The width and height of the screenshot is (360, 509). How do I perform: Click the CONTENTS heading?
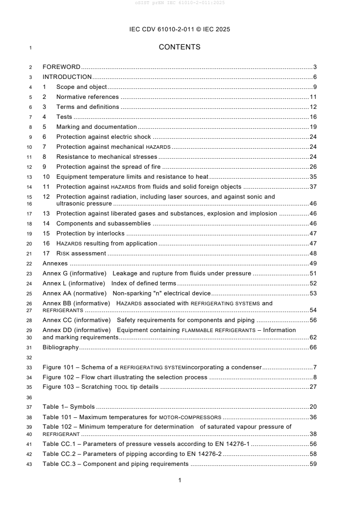click(180, 47)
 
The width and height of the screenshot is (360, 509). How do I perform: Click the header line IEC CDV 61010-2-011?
click(180, 29)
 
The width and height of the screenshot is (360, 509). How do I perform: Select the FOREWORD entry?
click(61, 67)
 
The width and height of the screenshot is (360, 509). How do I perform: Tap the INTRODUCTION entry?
click(67, 77)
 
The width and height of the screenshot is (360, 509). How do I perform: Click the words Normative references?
click(87, 97)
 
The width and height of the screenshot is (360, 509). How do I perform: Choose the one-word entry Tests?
click(64, 117)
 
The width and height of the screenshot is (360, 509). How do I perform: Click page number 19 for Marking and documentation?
click(313, 127)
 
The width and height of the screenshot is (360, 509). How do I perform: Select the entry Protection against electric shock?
click(104, 137)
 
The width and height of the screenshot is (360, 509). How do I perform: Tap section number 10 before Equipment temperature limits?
click(46, 177)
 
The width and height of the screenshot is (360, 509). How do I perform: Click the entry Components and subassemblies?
click(104, 224)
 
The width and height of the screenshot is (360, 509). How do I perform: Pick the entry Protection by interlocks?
click(90, 234)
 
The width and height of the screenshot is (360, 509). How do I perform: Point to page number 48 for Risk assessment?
click(313, 254)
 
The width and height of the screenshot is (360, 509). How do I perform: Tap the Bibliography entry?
click(60, 347)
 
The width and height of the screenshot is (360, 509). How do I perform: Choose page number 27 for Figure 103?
click(313, 387)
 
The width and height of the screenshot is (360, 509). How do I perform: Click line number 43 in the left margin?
click(30, 464)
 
